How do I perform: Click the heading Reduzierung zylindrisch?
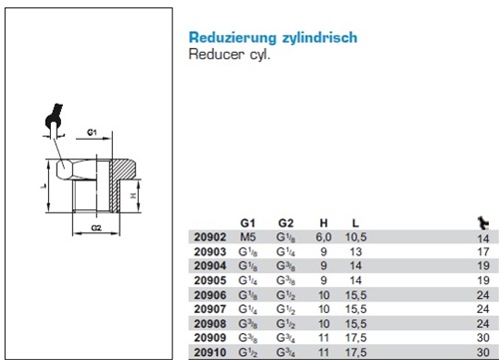pos(272,37)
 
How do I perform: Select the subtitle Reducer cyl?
pos(230,55)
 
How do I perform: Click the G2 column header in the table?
pos(286,223)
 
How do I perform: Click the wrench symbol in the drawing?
pos(50,120)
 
